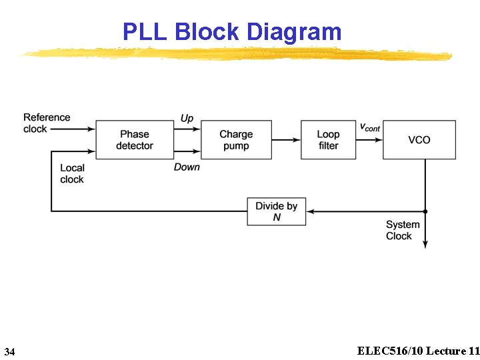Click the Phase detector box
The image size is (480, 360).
pyautogui.click(x=135, y=140)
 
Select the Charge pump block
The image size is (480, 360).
pyautogui.click(x=236, y=140)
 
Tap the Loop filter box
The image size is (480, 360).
pyautogui.click(x=328, y=140)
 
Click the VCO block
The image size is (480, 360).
pyautogui.click(x=419, y=140)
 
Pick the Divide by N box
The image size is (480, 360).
pyautogui.click(x=276, y=211)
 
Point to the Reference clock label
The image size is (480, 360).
pyautogui.click(x=46, y=123)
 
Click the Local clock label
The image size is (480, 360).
pyautogui.click(x=72, y=174)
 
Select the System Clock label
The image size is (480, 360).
pyautogui.click(x=403, y=230)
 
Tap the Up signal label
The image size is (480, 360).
pyautogui.click(x=187, y=118)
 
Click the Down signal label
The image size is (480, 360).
pyautogui.click(x=187, y=167)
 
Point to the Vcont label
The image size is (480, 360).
pyautogui.click(x=370, y=127)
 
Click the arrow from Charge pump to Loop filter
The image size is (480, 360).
pyautogui.click(x=286, y=140)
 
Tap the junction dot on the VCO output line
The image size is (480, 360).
pyautogui.click(x=425, y=211)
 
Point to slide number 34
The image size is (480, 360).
pyautogui.click(x=9, y=351)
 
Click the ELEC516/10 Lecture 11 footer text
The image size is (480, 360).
pyautogui.click(x=418, y=351)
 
